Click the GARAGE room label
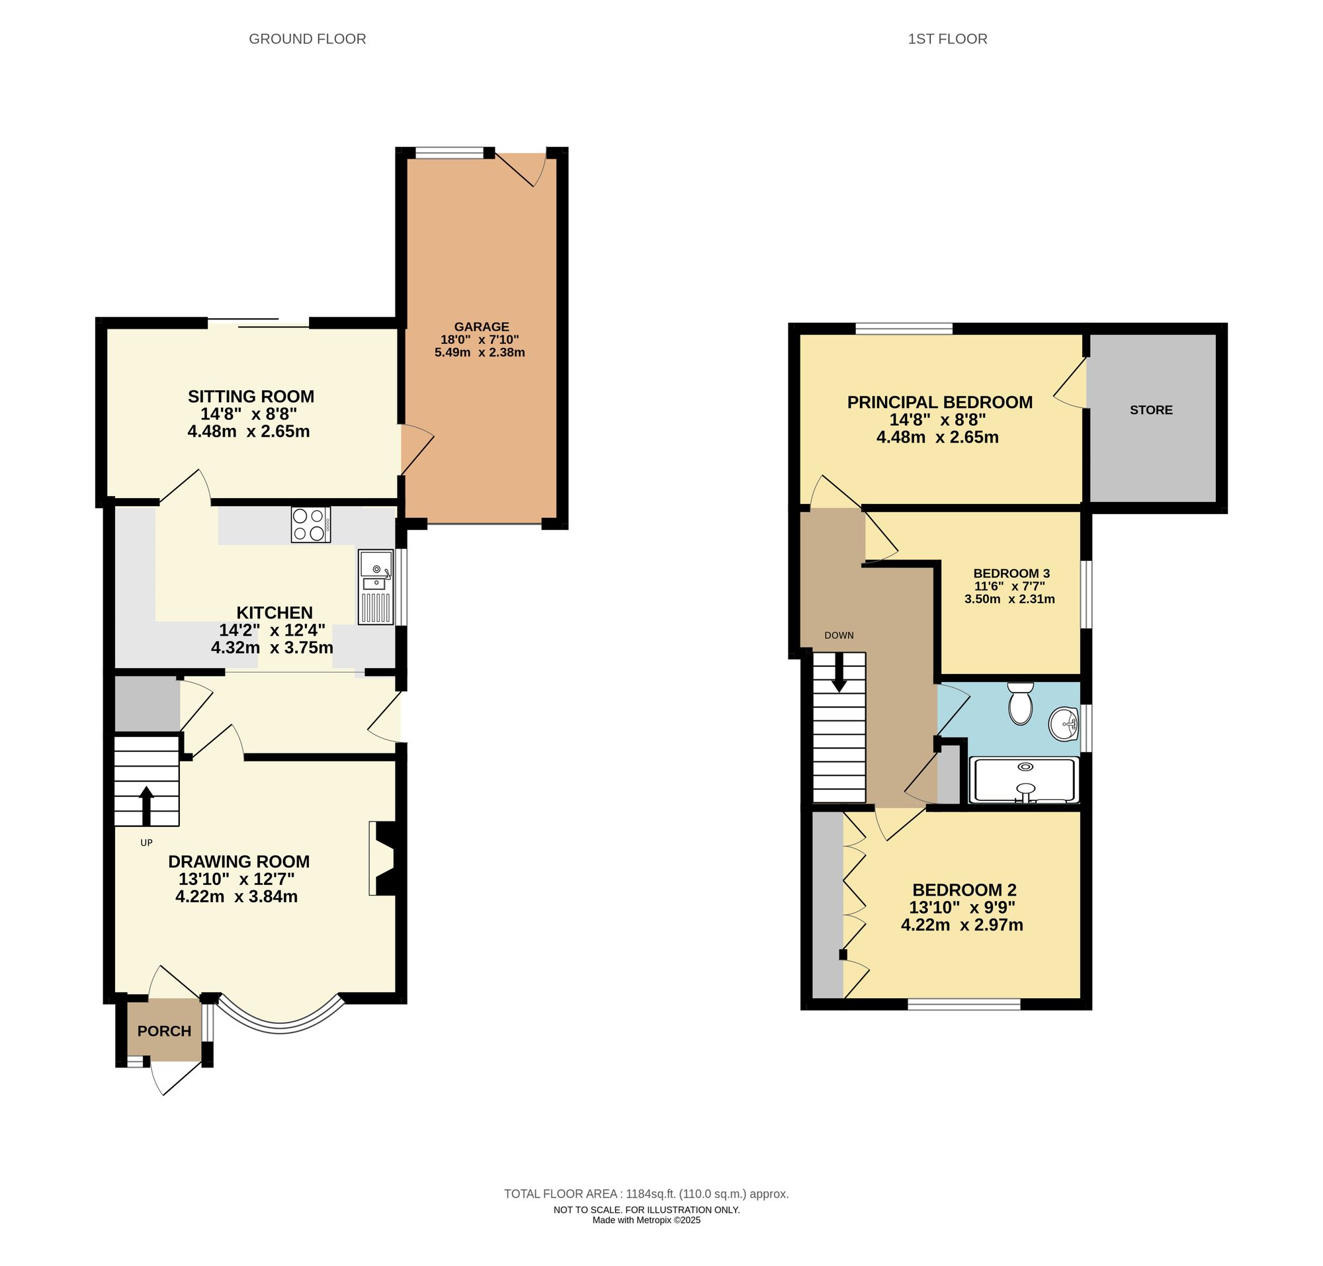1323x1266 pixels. point(482,327)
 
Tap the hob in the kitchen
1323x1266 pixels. point(310,525)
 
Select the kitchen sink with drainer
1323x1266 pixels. point(375,587)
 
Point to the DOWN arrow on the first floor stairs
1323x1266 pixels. point(839,673)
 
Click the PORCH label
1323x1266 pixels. point(164,1031)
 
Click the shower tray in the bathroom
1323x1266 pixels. point(1024,780)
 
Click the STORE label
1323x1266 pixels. point(1151,410)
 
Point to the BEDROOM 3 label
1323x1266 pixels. point(1011,573)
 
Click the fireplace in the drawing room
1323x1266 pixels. point(383,858)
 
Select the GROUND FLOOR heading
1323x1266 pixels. point(307,39)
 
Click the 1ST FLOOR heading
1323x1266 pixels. point(947,39)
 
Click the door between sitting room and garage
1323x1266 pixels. point(415,448)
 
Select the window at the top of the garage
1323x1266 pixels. point(450,154)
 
